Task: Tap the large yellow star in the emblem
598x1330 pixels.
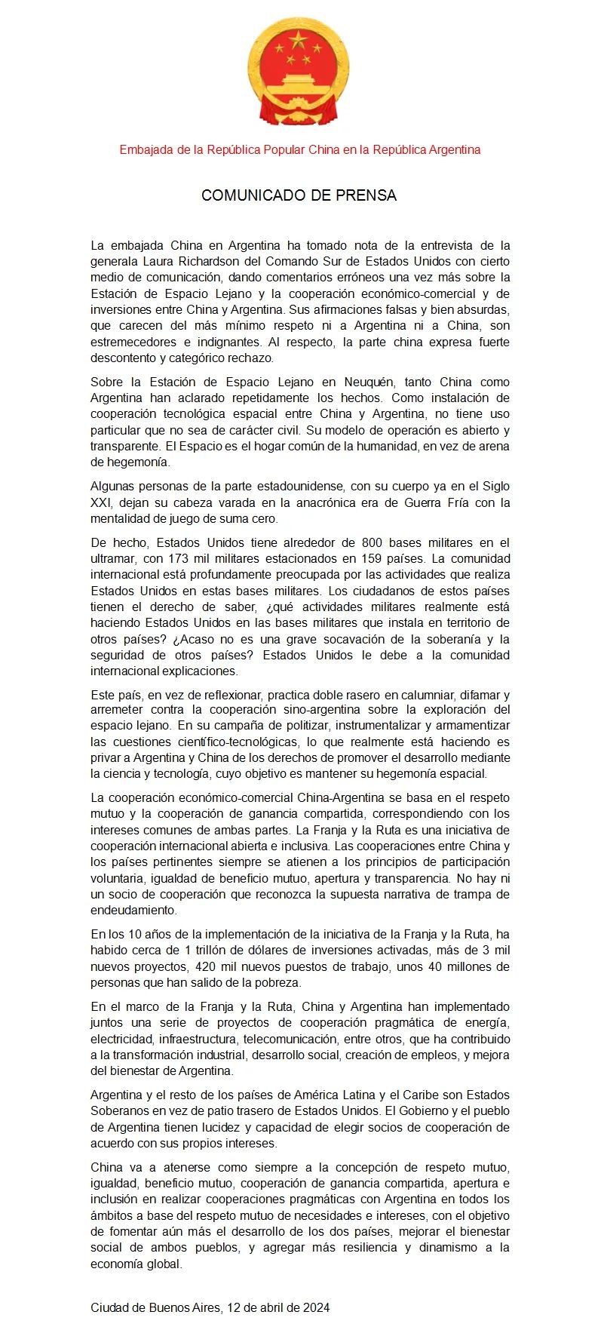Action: click(x=299, y=40)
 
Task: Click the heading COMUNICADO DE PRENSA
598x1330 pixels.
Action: click(x=299, y=195)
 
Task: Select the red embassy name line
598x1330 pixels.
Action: click(x=299, y=149)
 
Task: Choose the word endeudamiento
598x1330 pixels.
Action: click(x=133, y=911)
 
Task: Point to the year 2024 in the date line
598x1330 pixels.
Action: click(x=315, y=1307)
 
